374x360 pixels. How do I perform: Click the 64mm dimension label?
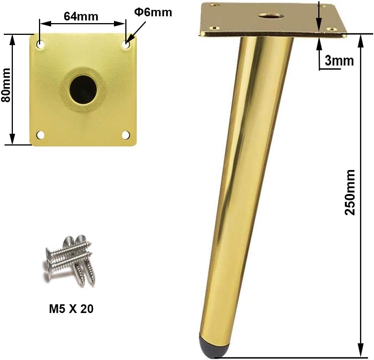(81, 16)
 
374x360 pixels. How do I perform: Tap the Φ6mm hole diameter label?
(153, 12)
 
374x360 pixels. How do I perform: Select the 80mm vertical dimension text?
(6, 85)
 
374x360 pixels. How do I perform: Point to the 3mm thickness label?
(339, 61)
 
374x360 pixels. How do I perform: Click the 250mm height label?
(350, 193)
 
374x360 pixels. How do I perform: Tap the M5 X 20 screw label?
(71, 309)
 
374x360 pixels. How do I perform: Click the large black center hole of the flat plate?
(83, 89)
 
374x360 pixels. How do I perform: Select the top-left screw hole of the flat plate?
(40, 44)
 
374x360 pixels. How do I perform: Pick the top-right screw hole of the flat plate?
(126, 44)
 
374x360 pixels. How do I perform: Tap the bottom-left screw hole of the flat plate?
(40, 135)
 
